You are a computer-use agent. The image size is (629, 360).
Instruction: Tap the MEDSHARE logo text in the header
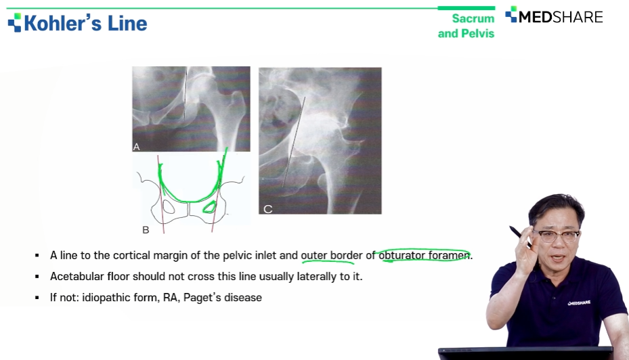[x=561, y=17]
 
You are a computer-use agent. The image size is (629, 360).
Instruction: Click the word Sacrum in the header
[x=473, y=18]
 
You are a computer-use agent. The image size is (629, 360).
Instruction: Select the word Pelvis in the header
[x=478, y=33]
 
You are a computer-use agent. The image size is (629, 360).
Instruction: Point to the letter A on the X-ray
[x=136, y=147]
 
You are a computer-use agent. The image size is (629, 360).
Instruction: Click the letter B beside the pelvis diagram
[x=146, y=229]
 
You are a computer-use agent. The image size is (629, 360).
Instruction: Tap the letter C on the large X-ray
[x=267, y=209]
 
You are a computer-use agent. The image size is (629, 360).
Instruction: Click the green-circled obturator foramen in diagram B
[x=209, y=207]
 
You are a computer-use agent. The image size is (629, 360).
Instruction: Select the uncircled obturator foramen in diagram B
[x=169, y=207]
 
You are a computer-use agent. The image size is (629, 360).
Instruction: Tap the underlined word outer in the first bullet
[x=313, y=255]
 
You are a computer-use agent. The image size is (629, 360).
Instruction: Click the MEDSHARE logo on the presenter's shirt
[x=579, y=302]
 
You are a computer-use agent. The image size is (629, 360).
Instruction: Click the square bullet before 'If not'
[x=37, y=298]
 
